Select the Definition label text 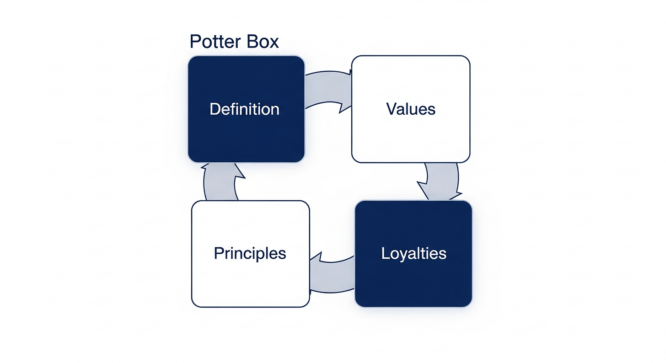click(x=244, y=109)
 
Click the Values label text click(x=410, y=109)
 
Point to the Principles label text click(x=250, y=253)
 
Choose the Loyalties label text click(x=414, y=253)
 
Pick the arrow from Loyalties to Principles click(x=333, y=274)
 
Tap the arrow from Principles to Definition click(x=220, y=182)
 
